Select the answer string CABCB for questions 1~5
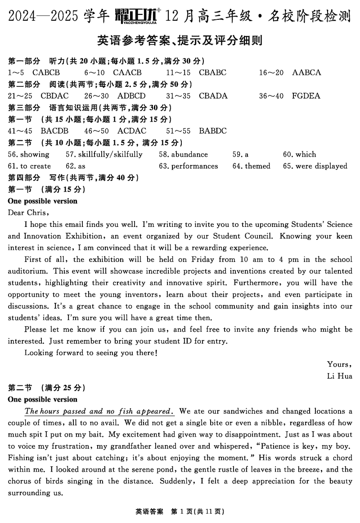click(46, 72)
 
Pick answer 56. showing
click(29, 154)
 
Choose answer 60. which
click(300, 154)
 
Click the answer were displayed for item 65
click(321, 166)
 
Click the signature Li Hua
click(340, 376)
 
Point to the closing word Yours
click(339, 364)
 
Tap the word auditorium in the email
click(25, 271)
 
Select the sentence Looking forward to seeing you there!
click(91, 352)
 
